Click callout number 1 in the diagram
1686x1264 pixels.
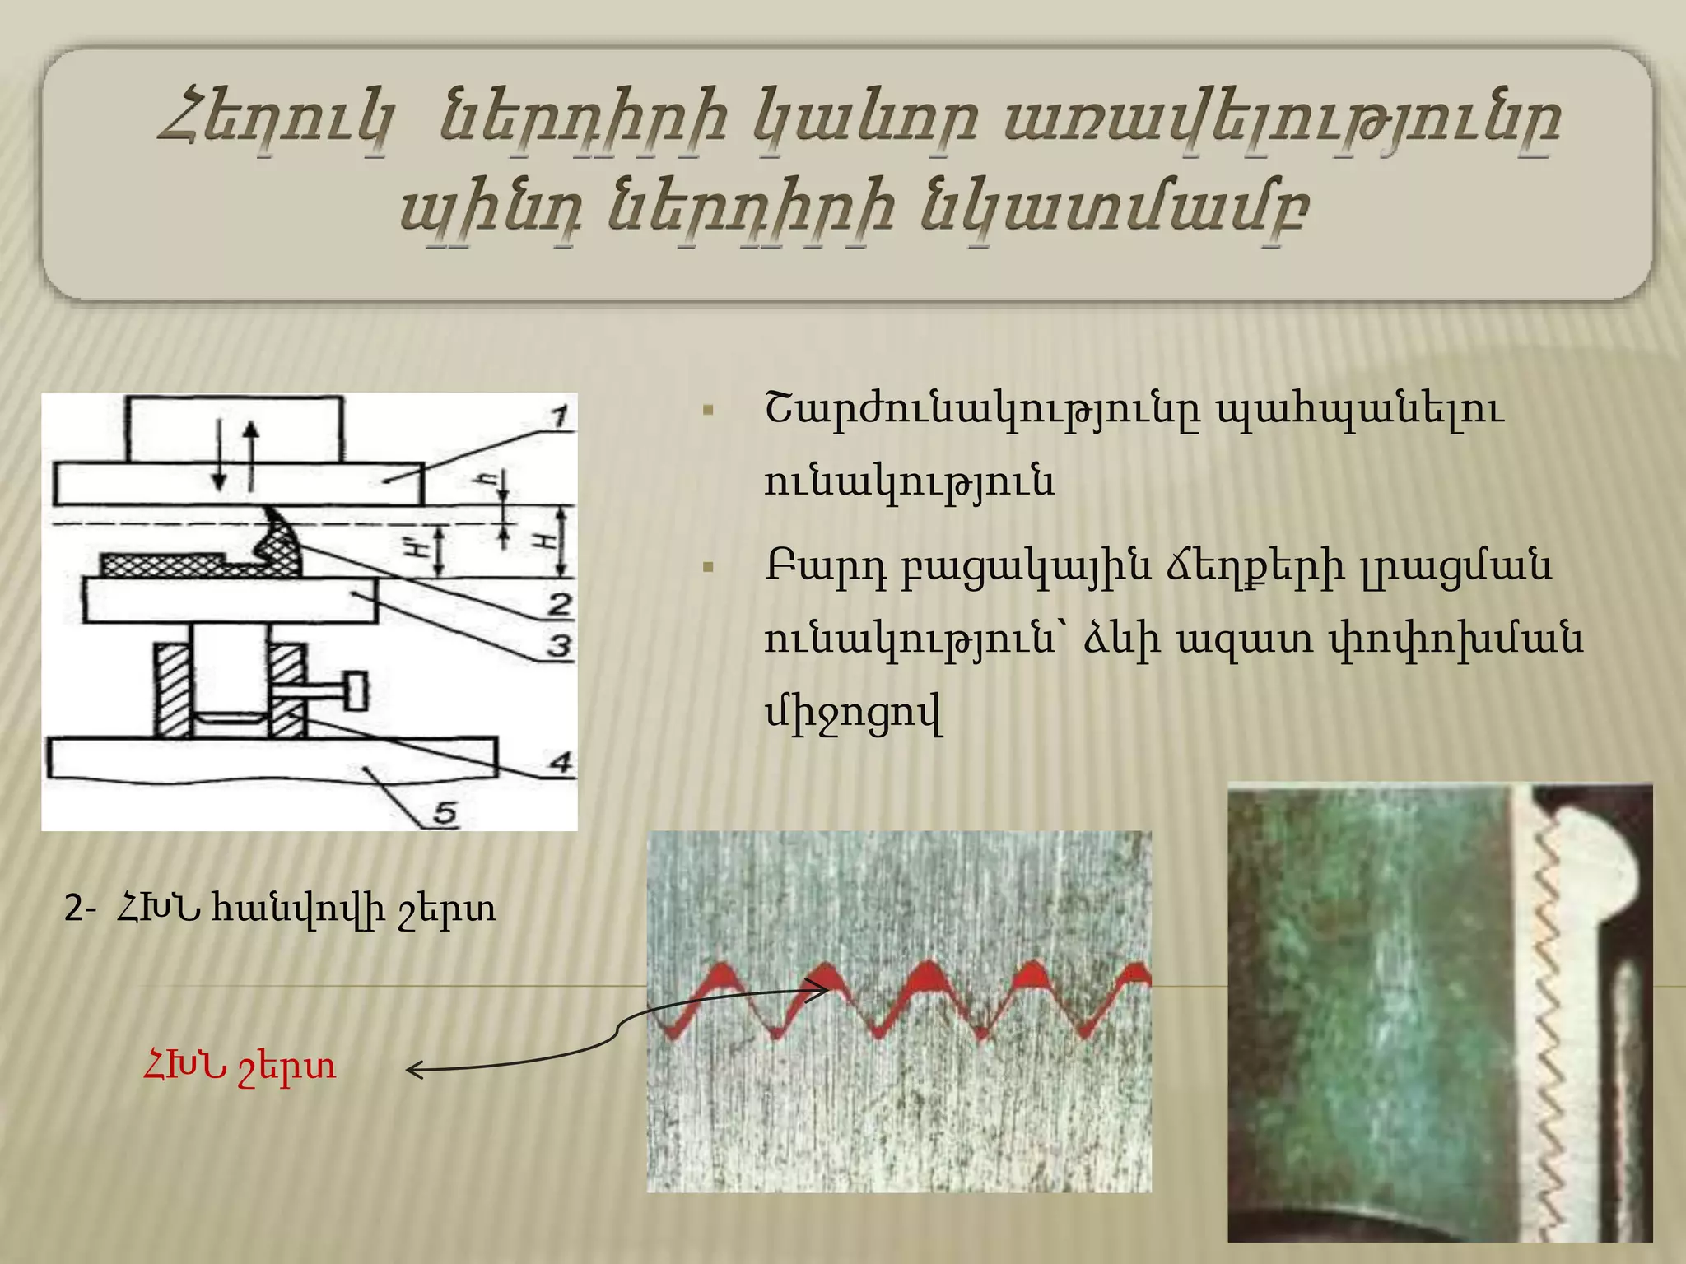click(x=561, y=417)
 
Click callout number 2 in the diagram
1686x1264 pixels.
click(x=561, y=604)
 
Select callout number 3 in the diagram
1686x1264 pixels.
click(x=560, y=645)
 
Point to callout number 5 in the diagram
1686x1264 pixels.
click(x=445, y=813)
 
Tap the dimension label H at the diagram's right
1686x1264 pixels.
click(x=544, y=541)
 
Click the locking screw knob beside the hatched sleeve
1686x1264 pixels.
click(x=356, y=690)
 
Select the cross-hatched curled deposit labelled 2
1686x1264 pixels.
click(x=280, y=546)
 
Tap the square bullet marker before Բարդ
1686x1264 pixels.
click(x=708, y=567)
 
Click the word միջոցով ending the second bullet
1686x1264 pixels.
click(x=853, y=713)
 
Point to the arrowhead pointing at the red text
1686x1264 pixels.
click(x=414, y=1070)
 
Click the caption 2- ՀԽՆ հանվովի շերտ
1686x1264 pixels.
click(x=281, y=909)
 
